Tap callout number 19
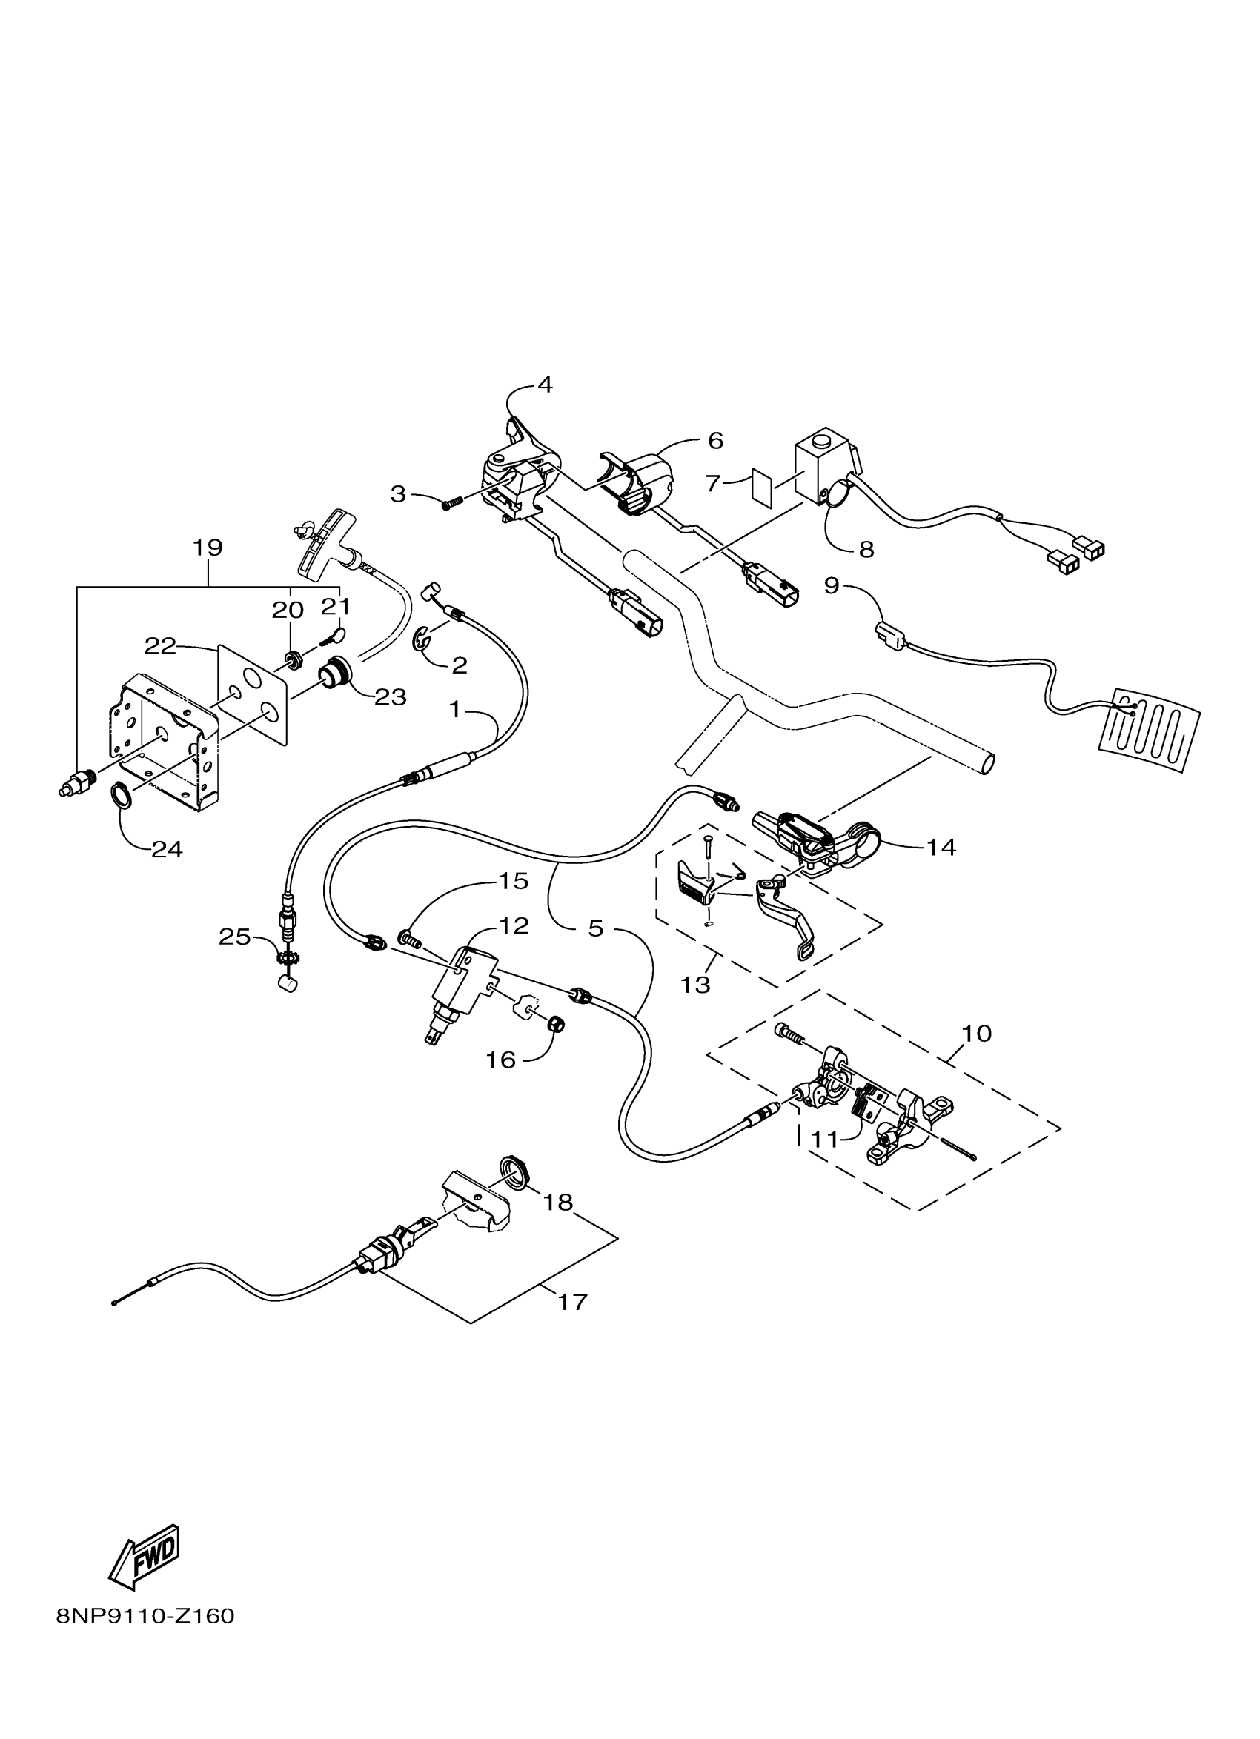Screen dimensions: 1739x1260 [x=207, y=548]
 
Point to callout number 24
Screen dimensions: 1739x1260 [x=167, y=849]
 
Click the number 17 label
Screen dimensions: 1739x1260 [x=573, y=1302]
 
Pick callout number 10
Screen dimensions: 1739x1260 [x=976, y=1033]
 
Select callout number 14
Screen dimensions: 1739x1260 [x=941, y=846]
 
